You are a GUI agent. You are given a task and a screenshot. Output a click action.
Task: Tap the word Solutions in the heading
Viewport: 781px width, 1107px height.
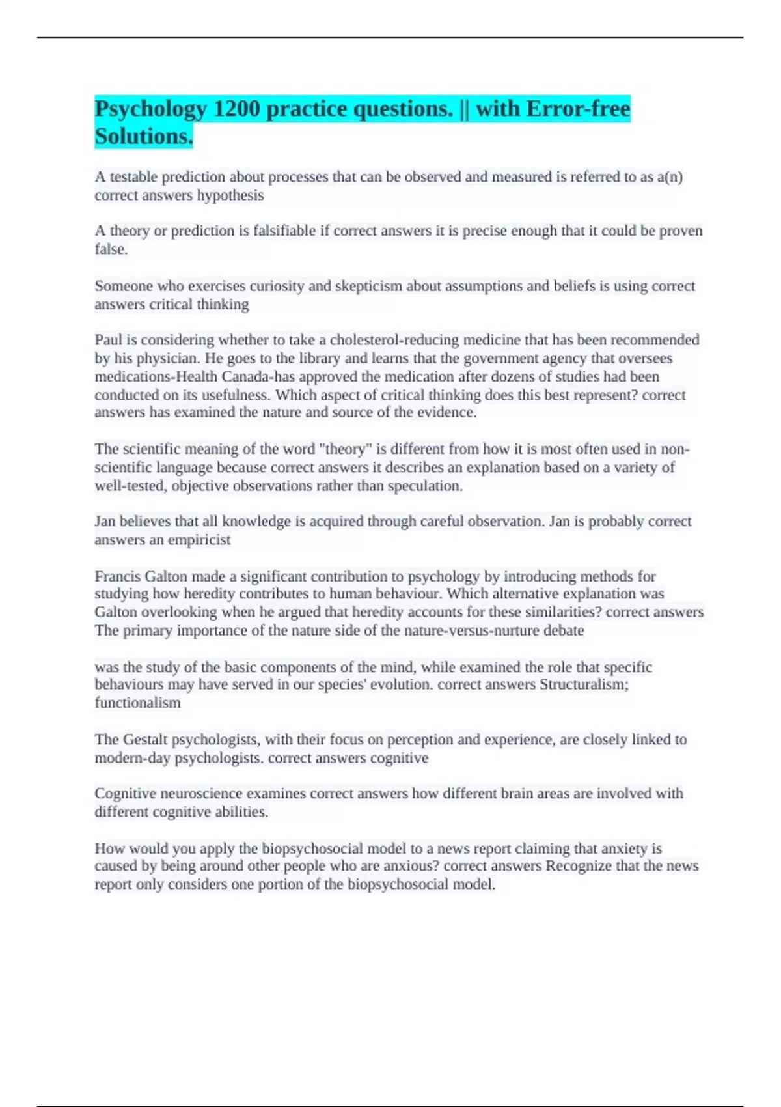[x=143, y=136]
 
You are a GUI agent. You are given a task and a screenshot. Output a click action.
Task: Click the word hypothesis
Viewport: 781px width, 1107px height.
[x=231, y=195]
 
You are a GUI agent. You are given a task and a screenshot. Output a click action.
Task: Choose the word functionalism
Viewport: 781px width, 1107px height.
[x=137, y=703]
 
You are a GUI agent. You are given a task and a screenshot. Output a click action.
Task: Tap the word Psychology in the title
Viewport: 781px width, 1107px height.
[x=150, y=109]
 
